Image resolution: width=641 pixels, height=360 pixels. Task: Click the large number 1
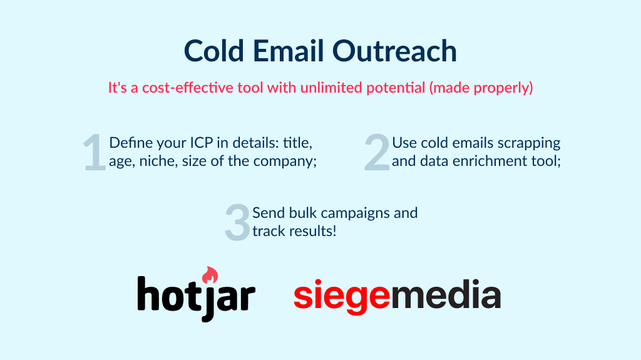95,153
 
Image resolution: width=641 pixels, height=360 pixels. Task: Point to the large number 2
377,153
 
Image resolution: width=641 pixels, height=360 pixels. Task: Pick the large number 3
237,222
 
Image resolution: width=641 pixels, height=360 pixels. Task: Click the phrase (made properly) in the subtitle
481,88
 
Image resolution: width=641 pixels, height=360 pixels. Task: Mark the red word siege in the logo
342,296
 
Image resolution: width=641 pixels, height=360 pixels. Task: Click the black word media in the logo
446,296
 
